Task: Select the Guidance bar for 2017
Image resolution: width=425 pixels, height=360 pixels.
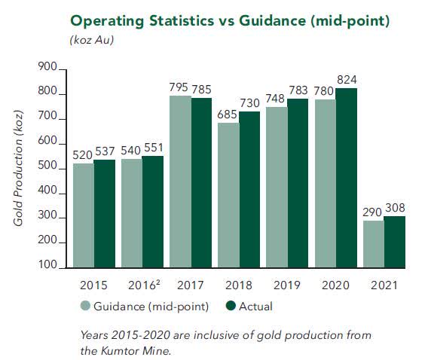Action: [x=181, y=182]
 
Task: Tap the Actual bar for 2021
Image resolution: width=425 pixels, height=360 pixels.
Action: [x=395, y=242]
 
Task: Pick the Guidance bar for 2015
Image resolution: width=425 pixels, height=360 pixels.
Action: [x=84, y=215]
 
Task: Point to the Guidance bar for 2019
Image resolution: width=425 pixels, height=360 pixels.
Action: [x=277, y=188]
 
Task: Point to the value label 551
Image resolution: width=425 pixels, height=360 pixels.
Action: [x=153, y=148]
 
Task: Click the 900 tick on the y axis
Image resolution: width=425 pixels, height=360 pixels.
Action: [x=47, y=69]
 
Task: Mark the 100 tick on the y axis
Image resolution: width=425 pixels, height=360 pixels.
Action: [x=47, y=266]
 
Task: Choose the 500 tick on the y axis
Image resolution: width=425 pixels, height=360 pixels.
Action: [x=47, y=167]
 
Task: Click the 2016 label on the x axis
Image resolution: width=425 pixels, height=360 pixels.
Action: [x=142, y=287]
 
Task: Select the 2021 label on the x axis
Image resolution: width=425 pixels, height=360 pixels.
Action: [x=384, y=287]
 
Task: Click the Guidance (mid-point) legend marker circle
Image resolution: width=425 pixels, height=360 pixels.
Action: [x=85, y=307]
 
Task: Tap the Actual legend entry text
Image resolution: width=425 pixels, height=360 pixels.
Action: [x=257, y=307]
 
